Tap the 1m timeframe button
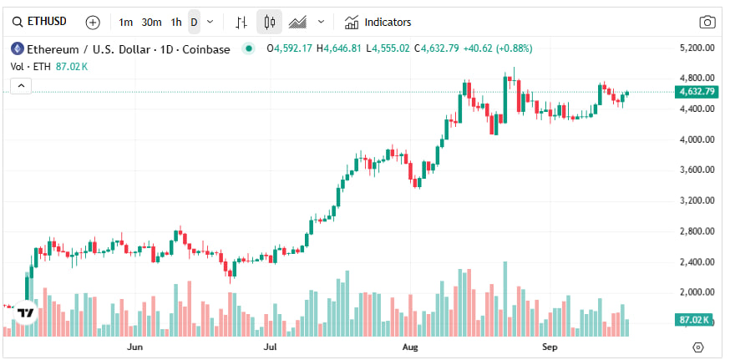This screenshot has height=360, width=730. point(125,22)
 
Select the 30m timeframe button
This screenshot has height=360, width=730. point(151,22)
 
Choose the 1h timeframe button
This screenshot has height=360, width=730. point(175,22)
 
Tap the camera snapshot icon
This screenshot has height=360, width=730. point(707,23)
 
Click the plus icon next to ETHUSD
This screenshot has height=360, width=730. point(93,22)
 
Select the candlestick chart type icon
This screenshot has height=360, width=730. point(269,22)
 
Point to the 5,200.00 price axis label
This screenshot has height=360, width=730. point(697,48)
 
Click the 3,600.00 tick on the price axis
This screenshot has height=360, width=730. point(697,170)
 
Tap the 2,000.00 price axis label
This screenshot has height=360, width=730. point(697,292)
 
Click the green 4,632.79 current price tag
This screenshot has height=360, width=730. point(697,92)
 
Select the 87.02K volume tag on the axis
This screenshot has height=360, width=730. point(695,320)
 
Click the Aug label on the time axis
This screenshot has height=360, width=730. point(410,345)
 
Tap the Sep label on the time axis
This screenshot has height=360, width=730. point(549,345)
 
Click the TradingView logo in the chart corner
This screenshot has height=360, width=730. point(25,312)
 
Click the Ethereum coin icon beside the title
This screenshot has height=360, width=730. point(17,48)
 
